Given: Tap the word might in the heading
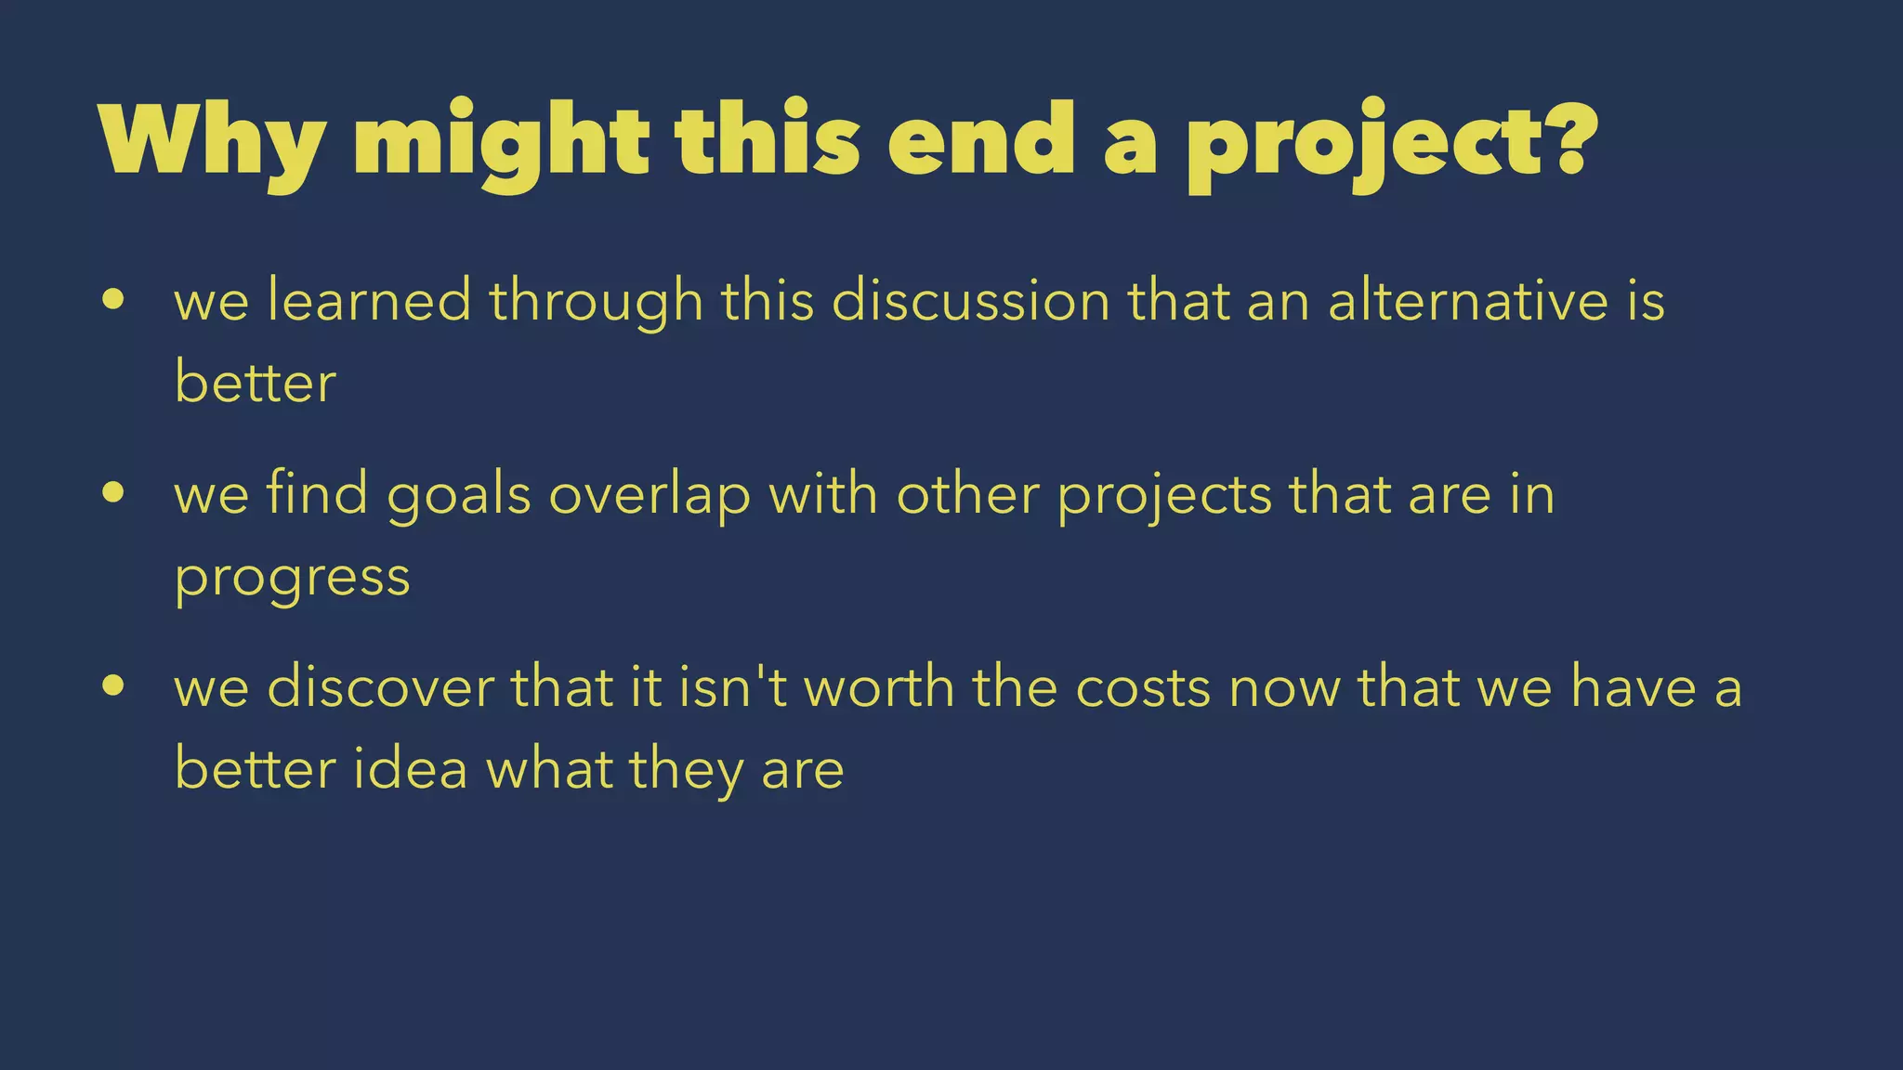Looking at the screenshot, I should coord(501,144).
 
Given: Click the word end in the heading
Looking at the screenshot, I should coord(981,141).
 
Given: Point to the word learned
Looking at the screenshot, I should coord(370,301).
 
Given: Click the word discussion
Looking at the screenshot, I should coord(971,301).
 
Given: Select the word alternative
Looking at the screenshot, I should coord(1468,301).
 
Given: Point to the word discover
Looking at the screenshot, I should coord(381,687).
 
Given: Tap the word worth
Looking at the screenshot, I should coord(879,687).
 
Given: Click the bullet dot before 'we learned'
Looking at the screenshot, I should coord(113,300).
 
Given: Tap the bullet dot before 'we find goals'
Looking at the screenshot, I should coord(113,493).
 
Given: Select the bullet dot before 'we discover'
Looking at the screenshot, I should coord(113,686).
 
